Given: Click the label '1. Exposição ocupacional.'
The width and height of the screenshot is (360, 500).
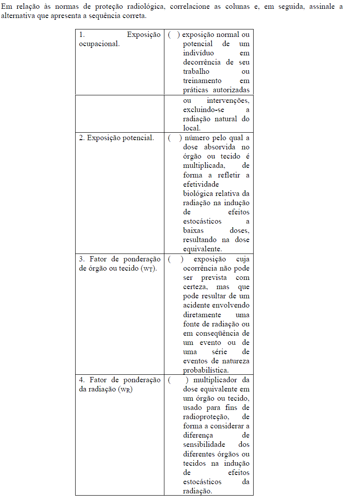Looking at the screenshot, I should point(120,39).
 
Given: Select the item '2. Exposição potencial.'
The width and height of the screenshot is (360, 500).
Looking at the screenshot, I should point(116,138).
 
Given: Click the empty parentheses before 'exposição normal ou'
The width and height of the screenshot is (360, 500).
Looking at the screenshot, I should point(174,35).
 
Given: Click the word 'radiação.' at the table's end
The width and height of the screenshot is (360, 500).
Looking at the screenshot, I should point(197,491).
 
